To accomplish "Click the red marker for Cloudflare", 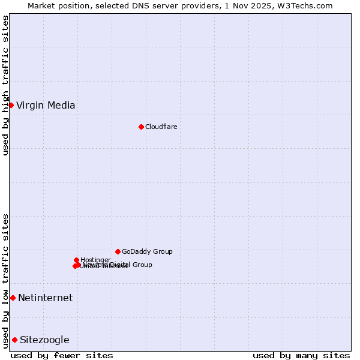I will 141,127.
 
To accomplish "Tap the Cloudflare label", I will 161,127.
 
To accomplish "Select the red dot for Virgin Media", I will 11,105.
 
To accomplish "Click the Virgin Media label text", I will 46,106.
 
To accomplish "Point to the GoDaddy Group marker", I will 118,251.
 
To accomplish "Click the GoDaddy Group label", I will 147,251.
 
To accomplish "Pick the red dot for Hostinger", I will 76,260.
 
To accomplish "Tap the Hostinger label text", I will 95,260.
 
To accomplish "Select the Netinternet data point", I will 13,298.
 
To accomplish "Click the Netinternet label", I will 45,298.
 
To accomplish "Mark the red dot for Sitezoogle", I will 14,340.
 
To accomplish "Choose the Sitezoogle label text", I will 44,340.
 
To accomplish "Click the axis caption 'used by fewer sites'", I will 62,355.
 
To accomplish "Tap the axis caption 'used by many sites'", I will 301,355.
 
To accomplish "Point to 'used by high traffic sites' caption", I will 6,85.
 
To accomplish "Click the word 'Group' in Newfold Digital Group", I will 142,265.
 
